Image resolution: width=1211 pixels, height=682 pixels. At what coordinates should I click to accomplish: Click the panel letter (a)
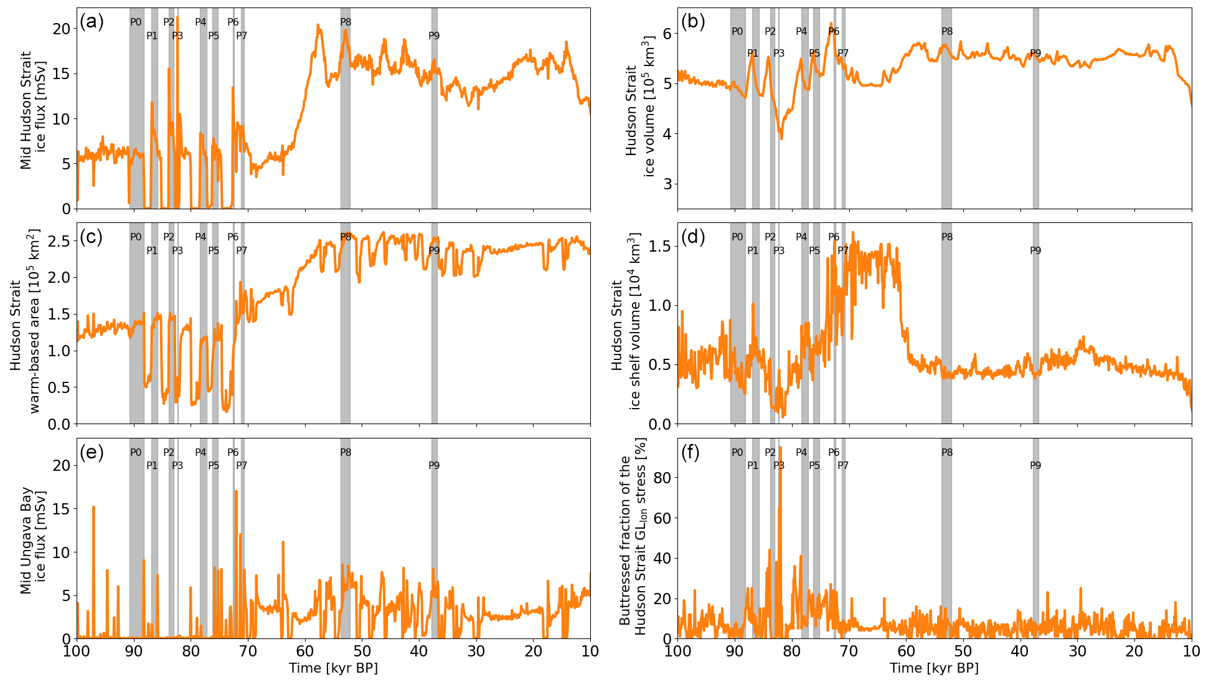[x=91, y=22]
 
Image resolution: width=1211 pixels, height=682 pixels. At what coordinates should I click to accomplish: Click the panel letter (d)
[x=693, y=237]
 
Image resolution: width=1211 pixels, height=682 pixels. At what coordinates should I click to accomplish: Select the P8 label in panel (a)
[x=346, y=22]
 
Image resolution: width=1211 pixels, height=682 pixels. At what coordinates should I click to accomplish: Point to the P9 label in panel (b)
[x=1035, y=54]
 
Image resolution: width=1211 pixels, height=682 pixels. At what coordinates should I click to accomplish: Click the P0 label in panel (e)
[x=136, y=453]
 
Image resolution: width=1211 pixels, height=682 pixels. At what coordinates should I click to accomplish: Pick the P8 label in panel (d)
[x=947, y=237]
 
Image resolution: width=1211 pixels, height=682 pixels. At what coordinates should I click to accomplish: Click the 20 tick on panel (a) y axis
[x=62, y=29]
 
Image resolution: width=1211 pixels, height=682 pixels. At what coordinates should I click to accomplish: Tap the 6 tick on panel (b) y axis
[x=667, y=34]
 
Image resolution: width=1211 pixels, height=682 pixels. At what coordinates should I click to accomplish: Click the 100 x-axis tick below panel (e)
[x=77, y=651]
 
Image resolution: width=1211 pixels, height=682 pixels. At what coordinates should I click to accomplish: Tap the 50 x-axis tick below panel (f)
[x=963, y=651]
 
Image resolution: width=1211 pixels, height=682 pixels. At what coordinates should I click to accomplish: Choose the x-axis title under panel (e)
[x=333, y=668]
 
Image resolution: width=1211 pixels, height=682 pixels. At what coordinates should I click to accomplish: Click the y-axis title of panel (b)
[x=639, y=107]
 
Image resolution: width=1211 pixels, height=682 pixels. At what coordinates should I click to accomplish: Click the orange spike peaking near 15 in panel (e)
[x=93, y=508]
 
